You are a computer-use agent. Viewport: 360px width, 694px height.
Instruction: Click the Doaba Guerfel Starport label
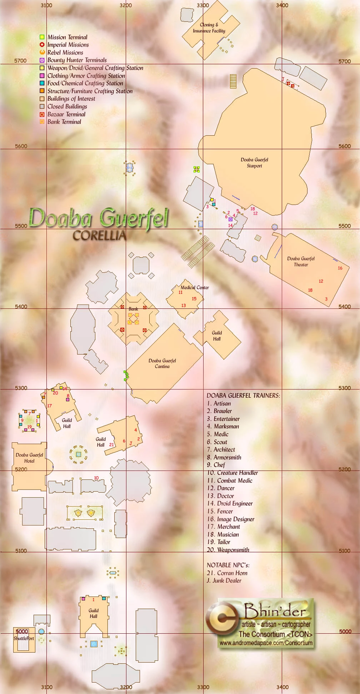(x=254, y=163)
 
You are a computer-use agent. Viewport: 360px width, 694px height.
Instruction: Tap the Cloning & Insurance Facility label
(x=209, y=28)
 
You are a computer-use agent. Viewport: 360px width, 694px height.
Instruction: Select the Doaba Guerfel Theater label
(x=301, y=262)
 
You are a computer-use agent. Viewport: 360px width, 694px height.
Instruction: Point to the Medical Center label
(x=195, y=287)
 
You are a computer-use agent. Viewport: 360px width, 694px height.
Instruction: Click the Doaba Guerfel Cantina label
(x=162, y=363)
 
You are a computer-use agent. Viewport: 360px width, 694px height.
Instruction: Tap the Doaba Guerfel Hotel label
(x=29, y=458)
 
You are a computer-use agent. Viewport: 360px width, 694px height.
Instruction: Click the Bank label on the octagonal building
(x=133, y=309)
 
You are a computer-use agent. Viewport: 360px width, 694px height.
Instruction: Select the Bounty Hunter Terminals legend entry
(x=77, y=60)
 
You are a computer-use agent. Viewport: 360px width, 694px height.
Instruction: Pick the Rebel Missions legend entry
(x=65, y=52)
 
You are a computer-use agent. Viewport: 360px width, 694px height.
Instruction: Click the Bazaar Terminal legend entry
(x=66, y=114)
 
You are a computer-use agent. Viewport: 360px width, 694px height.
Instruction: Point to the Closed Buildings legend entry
(x=67, y=106)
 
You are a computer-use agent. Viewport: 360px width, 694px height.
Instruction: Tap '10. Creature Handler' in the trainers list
(x=232, y=473)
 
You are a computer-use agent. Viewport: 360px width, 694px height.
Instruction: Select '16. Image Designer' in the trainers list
(x=231, y=519)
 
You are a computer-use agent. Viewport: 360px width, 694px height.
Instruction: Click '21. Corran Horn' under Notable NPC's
(x=227, y=573)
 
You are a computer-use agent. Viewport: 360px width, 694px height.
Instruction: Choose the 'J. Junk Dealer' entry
(x=224, y=580)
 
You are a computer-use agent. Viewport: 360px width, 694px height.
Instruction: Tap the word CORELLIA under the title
(x=99, y=236)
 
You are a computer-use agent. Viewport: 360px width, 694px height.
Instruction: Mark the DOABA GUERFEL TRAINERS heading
(x=243, y=396)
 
